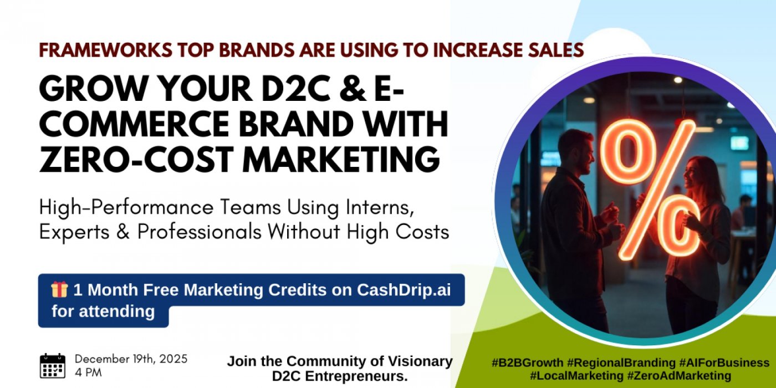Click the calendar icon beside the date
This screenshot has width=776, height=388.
coord(53,366)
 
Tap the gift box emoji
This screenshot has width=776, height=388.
coord(59,289)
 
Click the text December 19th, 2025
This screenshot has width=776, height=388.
coord(131,359)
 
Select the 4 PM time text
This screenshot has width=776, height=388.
coord(88,372)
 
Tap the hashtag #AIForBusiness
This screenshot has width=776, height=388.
coord(724,363)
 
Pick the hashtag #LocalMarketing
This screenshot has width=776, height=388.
coord(576,376)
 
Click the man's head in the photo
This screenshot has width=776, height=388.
coord(571,150)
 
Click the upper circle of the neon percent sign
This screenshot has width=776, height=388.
coord(628,151)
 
